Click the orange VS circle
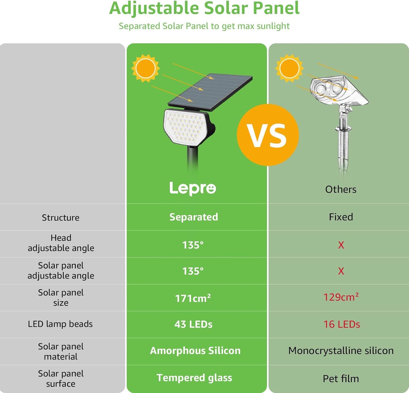point(267,135)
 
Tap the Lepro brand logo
point(193,188)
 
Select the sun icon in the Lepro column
point(145,68)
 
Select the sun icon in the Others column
point(289,68)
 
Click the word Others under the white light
point(341,189)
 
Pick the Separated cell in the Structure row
point(194,217)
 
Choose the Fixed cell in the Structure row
point(341,217)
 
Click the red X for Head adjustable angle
point(341,245)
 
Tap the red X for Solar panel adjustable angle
point(341,271)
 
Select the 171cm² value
point(193,298)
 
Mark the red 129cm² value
point(341,297)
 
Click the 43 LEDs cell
point(193,324)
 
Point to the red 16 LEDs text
point(342,324)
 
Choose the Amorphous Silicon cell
point(195,351)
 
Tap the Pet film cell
point(341,379)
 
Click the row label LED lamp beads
point(60,324)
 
